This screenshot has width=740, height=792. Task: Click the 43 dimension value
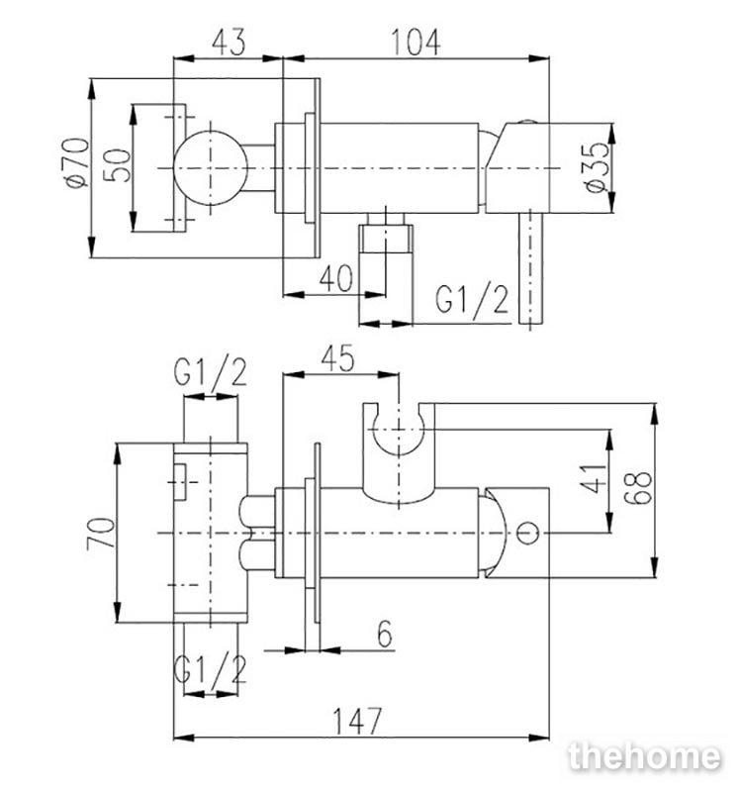230,42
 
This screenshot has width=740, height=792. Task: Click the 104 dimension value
416,42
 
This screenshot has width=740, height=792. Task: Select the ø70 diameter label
77,163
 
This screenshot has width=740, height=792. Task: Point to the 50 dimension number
117,165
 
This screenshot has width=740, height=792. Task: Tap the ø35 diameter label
598,167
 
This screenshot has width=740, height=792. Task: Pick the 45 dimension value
337,358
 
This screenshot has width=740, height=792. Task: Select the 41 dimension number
594,478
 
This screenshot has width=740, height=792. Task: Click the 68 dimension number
637,487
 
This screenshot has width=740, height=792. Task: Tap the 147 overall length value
357,722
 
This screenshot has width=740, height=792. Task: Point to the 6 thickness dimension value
385,634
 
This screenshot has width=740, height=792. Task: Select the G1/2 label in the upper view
472,300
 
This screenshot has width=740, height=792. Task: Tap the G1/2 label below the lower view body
210,670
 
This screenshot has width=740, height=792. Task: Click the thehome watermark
645,756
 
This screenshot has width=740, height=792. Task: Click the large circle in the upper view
211,168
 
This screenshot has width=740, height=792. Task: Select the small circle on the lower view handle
528,533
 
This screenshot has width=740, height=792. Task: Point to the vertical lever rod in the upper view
530,267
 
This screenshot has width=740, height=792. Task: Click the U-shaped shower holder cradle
399,446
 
